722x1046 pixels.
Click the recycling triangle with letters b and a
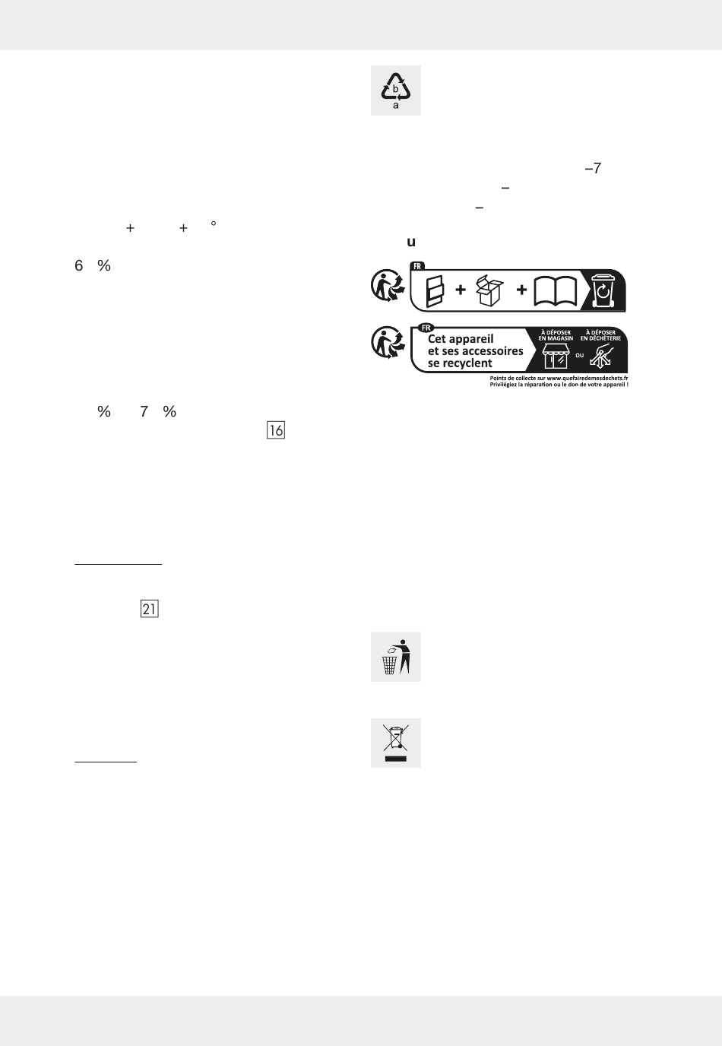pos(395,90)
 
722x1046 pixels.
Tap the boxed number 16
pos(276,430)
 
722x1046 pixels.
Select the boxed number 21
pos(149,609)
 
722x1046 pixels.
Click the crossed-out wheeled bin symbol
pos(395,743)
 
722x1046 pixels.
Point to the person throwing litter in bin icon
pos(395,657)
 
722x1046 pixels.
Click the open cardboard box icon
pos(490,290)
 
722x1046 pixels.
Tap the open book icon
pos(556,291)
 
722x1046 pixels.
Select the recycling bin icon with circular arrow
pos(604,291)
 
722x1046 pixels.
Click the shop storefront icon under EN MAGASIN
pos(555,356)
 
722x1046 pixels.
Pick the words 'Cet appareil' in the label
pos(461,339)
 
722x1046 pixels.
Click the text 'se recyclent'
pos(460,363)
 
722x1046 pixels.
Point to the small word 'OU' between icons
pos(579,355)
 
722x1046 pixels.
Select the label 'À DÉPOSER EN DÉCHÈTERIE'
pos(600,335)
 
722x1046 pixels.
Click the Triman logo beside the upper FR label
pos(387,286)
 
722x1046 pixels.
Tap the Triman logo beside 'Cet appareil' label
pos(387,343)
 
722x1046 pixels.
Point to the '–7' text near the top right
pos(593,169)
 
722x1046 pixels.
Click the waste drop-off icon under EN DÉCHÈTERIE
pos(602,356)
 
